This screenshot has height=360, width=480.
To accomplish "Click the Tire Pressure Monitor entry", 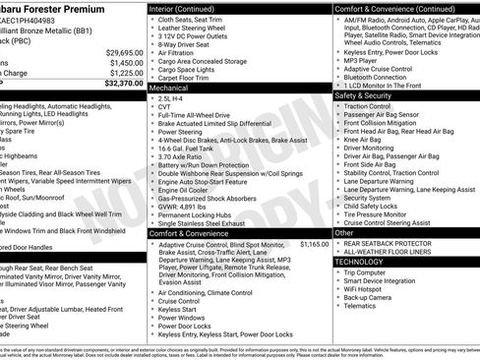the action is pyautogui.click(x=382, y=214).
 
